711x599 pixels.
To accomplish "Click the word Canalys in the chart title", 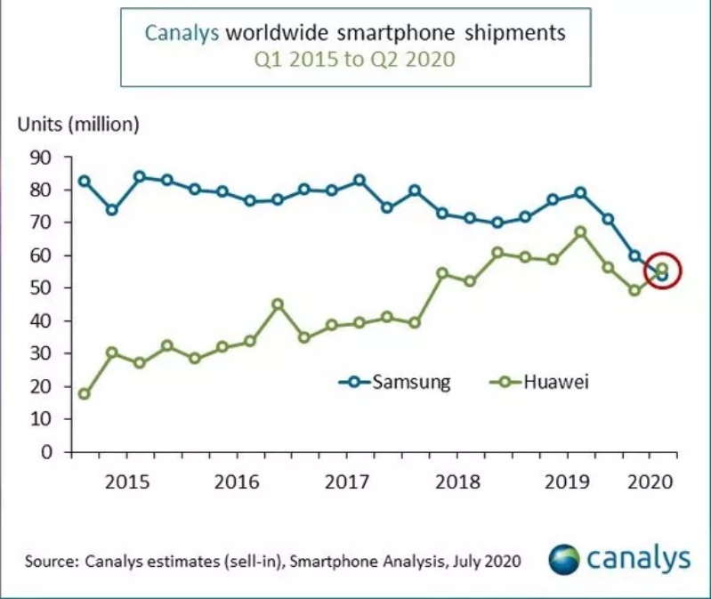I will [x=182, y=34].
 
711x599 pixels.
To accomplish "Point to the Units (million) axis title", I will [x=79, y=124].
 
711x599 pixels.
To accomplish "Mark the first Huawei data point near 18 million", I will [x=85, y=394].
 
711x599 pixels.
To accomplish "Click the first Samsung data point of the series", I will [x=85, y=181].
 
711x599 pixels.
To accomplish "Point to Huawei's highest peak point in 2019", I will [x=580, y=232].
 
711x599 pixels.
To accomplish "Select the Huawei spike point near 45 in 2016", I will [x=278, y=304].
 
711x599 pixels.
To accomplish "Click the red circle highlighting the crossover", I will [x=661, y=271].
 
